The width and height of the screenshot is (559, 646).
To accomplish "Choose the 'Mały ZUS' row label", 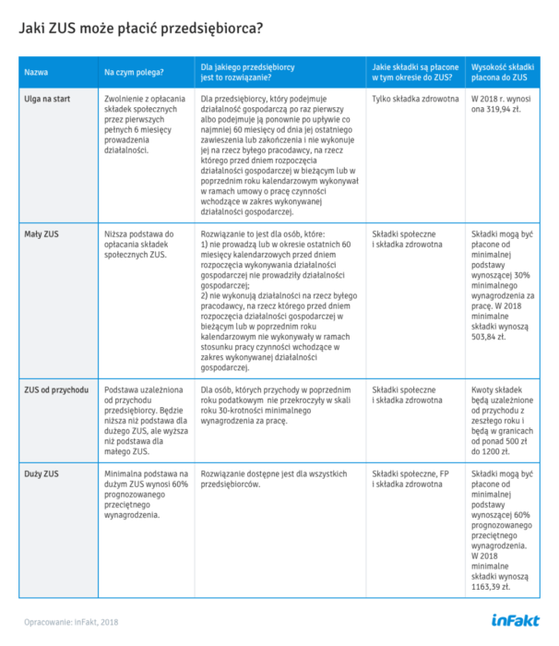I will [42, 234].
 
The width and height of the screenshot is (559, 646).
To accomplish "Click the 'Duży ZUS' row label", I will [42, 473].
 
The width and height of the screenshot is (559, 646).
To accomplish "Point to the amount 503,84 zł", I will [491, 338].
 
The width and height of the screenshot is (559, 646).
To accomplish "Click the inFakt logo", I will [511, 619].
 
